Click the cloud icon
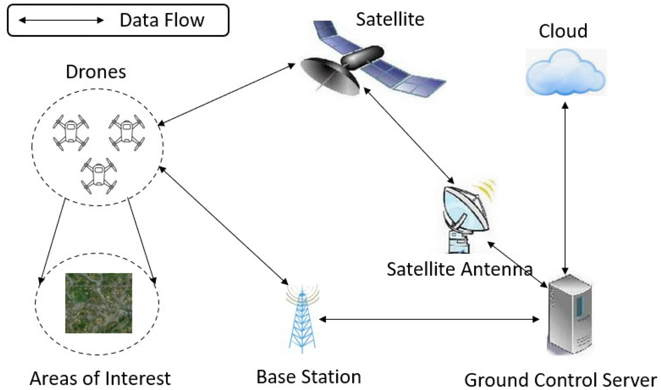click(566, 73)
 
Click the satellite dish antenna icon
click(466, 216)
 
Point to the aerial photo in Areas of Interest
click(99, 303)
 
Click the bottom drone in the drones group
click(99, 175)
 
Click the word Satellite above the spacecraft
click(390, 19)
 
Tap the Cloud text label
click(563, 31)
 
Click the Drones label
click(96, 72)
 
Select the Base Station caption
click(308, 377)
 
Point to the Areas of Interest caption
click(100, 378)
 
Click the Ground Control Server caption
click(561, 380)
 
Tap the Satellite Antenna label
click(460, 269)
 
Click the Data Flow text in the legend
click(162, 20)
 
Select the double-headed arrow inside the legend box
click(62, 20)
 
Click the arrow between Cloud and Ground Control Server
click(565, 187)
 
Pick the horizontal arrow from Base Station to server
click(428, 319)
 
